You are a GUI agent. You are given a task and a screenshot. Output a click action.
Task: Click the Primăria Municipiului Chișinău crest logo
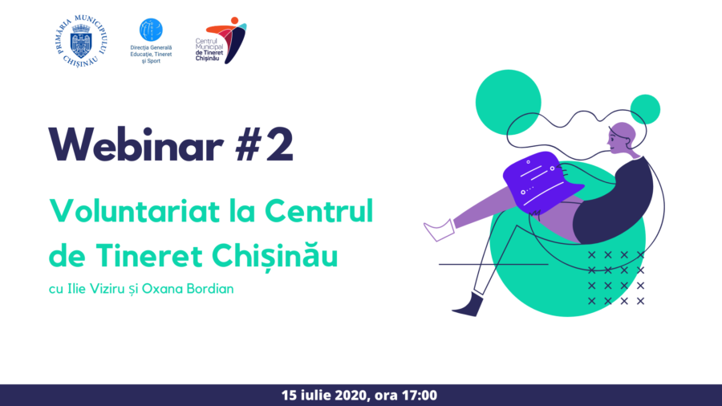tap(82, 41)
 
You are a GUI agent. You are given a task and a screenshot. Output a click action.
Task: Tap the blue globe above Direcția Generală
tap(151, 30)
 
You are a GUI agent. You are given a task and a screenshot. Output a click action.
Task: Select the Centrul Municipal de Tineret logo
tap(221, 40)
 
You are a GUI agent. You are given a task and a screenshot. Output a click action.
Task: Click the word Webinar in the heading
tap(136, 144)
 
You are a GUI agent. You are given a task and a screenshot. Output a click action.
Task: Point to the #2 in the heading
tap(265, 144)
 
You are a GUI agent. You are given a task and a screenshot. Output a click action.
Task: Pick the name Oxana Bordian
tap(188, 289)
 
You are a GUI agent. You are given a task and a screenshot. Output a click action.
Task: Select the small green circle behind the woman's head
tap(645, 110)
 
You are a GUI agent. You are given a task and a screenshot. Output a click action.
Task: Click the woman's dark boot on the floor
tap(468, 304)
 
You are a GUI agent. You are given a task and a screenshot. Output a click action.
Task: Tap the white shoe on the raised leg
tap(439, 229)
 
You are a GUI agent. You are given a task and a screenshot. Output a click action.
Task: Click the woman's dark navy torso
tap(615, 202)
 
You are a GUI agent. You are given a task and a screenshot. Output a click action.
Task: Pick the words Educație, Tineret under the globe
tap(151, 54)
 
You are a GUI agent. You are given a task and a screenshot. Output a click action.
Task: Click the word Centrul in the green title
tap(318, 211)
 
